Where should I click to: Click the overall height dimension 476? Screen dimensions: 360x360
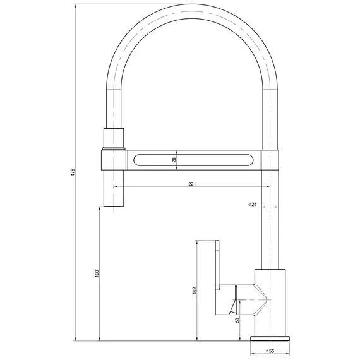pos(73,172)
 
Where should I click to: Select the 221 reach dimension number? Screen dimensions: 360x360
pos(193,184)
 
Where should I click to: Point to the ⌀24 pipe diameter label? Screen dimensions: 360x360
pos(253,205)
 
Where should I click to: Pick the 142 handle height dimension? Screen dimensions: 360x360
pos(195,290)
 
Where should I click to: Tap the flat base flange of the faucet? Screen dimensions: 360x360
pos(270,339)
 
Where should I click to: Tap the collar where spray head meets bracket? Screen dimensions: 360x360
pos(114,149)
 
